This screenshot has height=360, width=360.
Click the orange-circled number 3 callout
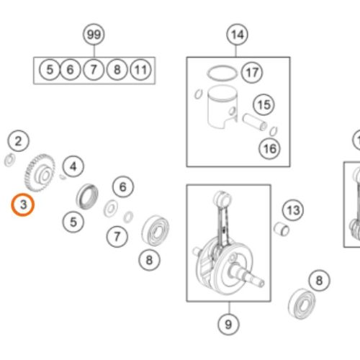click(x=23, y=204)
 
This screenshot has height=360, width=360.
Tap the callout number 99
click(x=94, y=35)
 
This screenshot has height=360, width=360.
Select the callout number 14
click(x=237, y=35)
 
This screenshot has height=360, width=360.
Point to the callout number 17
click(x=252, y=72)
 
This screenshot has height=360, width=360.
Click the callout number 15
click(x=264, y=104)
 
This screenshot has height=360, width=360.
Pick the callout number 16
click(x=270, y=148)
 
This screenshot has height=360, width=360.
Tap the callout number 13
click(x=293, y=210)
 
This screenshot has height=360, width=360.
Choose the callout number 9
click(x=228, y=324)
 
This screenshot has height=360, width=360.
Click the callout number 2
click(x=18, y=140)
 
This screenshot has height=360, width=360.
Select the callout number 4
click(x=73, y=166)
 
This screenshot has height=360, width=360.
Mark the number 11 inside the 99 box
click(x=140, y=70)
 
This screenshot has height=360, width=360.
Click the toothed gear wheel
click(x=40, y=173)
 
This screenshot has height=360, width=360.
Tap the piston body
click(x=222, y=107)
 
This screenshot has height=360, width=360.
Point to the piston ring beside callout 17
click(x=222, y=73)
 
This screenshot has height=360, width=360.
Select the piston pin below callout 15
click(x=255, y=122)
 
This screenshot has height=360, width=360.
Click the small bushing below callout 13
click(x=282, y=229)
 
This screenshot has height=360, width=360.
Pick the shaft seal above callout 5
click(x=87, y=197)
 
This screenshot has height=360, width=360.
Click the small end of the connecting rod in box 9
click(x=222, y=198)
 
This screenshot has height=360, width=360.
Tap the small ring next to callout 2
click(x=10, y=160)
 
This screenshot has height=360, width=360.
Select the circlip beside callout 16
click(x=274, y=131)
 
